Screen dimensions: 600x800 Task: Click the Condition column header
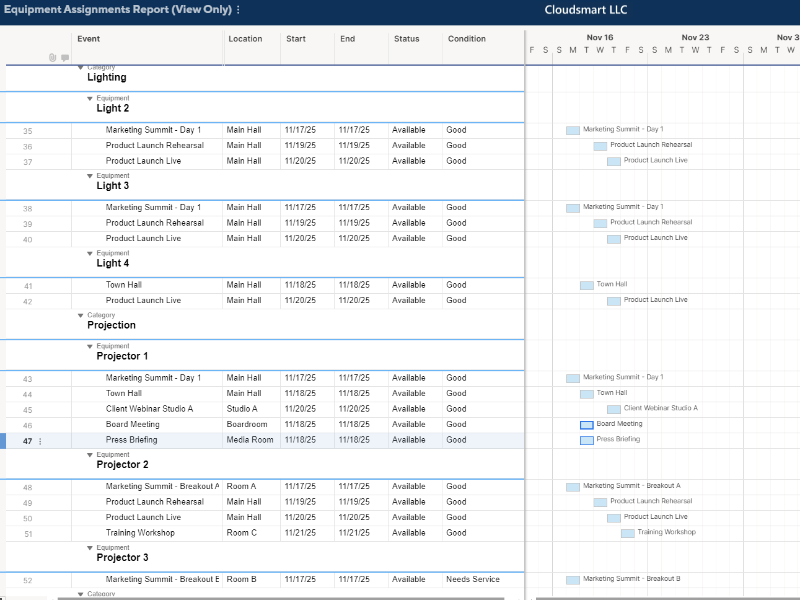(467, 39)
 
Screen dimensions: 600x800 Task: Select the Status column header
(407, 39)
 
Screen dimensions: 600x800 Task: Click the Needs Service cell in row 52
(472, 580)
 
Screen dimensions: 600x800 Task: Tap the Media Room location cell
(250, 440)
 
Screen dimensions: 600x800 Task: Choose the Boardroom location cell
(247, 425)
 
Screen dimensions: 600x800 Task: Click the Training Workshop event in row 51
(140, 533)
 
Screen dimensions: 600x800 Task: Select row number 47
(27, 441)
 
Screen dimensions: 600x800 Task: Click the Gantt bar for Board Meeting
(587, 425)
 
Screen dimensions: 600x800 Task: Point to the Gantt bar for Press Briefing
(587, 441)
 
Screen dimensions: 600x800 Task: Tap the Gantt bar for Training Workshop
(628, 534)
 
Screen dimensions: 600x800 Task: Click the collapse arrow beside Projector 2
(90, 455)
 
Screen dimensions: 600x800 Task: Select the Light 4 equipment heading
(113, 263)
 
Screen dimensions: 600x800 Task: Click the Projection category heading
(112, 325)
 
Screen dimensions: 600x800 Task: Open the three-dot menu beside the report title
(239, 10)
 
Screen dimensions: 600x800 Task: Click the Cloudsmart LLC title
(586, 10)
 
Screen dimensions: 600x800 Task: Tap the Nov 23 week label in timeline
(695, 38)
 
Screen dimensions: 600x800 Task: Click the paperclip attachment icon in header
(53, 58)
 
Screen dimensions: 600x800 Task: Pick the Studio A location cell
(242, 409)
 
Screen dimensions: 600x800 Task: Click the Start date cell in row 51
(300, 533)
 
